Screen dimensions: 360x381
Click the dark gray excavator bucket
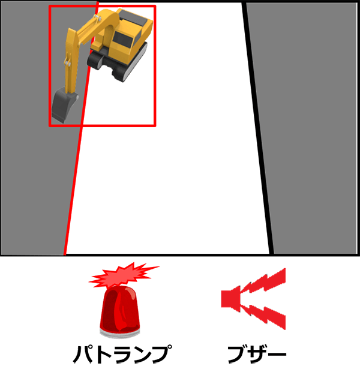tap(64, 105)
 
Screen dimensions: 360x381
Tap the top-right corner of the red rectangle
tap(155, 6)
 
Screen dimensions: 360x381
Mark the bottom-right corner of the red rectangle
tap(155, 125)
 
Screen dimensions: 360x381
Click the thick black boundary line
tap(258, 128)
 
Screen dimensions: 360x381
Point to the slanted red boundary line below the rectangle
tap(73, 191)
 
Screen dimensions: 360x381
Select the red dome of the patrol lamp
tap(120, 308)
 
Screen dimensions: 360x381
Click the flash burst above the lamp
tap(124, 275)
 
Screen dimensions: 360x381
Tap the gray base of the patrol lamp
tap(120, 334)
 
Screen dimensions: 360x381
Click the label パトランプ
tap(122, 354)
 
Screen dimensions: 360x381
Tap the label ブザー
tap(257, 354)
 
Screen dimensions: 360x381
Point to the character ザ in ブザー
tap(257, 354)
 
